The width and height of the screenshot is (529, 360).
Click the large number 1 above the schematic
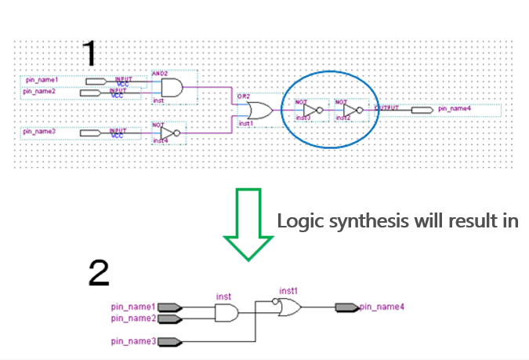click(x=90, y=53)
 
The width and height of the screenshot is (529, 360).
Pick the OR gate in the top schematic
click(x=259, y=111)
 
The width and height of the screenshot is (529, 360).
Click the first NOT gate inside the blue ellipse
click(x=311, y=111)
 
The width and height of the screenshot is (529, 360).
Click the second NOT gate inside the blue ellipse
click(x=351, y=111)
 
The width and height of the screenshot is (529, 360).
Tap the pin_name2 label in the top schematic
click(x=39, y=92)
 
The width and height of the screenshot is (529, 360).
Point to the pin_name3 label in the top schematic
click(x=39, y=131)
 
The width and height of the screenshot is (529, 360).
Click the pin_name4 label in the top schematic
click(x=455, y=109)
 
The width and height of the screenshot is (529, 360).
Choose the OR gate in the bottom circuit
click(x=288, y=308)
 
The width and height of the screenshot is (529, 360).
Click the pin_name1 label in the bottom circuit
click(x=133, y=307)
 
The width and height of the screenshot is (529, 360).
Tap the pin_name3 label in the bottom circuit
click(x=133, y=342)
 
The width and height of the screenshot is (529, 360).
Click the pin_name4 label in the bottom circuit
click(x=382, y=307)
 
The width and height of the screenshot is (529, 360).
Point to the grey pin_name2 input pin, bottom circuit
click(x=170, y=318)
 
